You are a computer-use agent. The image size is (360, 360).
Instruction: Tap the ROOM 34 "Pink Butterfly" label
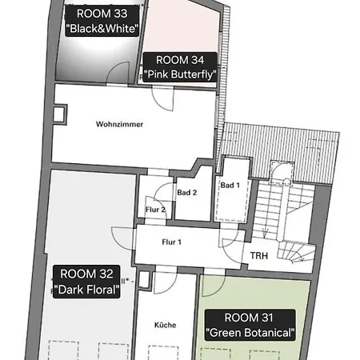[180, 66]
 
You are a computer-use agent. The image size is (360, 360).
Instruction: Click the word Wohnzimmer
[120, 124]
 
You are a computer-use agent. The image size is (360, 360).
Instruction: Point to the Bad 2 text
[187, 193]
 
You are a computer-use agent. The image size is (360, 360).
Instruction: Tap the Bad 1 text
[230, 186]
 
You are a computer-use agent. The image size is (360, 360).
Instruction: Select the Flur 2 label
[155, 210]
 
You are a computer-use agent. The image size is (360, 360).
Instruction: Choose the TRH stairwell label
[259, 256]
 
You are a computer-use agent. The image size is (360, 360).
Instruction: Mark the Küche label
[166, 325]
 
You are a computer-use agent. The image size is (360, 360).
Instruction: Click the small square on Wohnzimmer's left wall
[58, 116]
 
